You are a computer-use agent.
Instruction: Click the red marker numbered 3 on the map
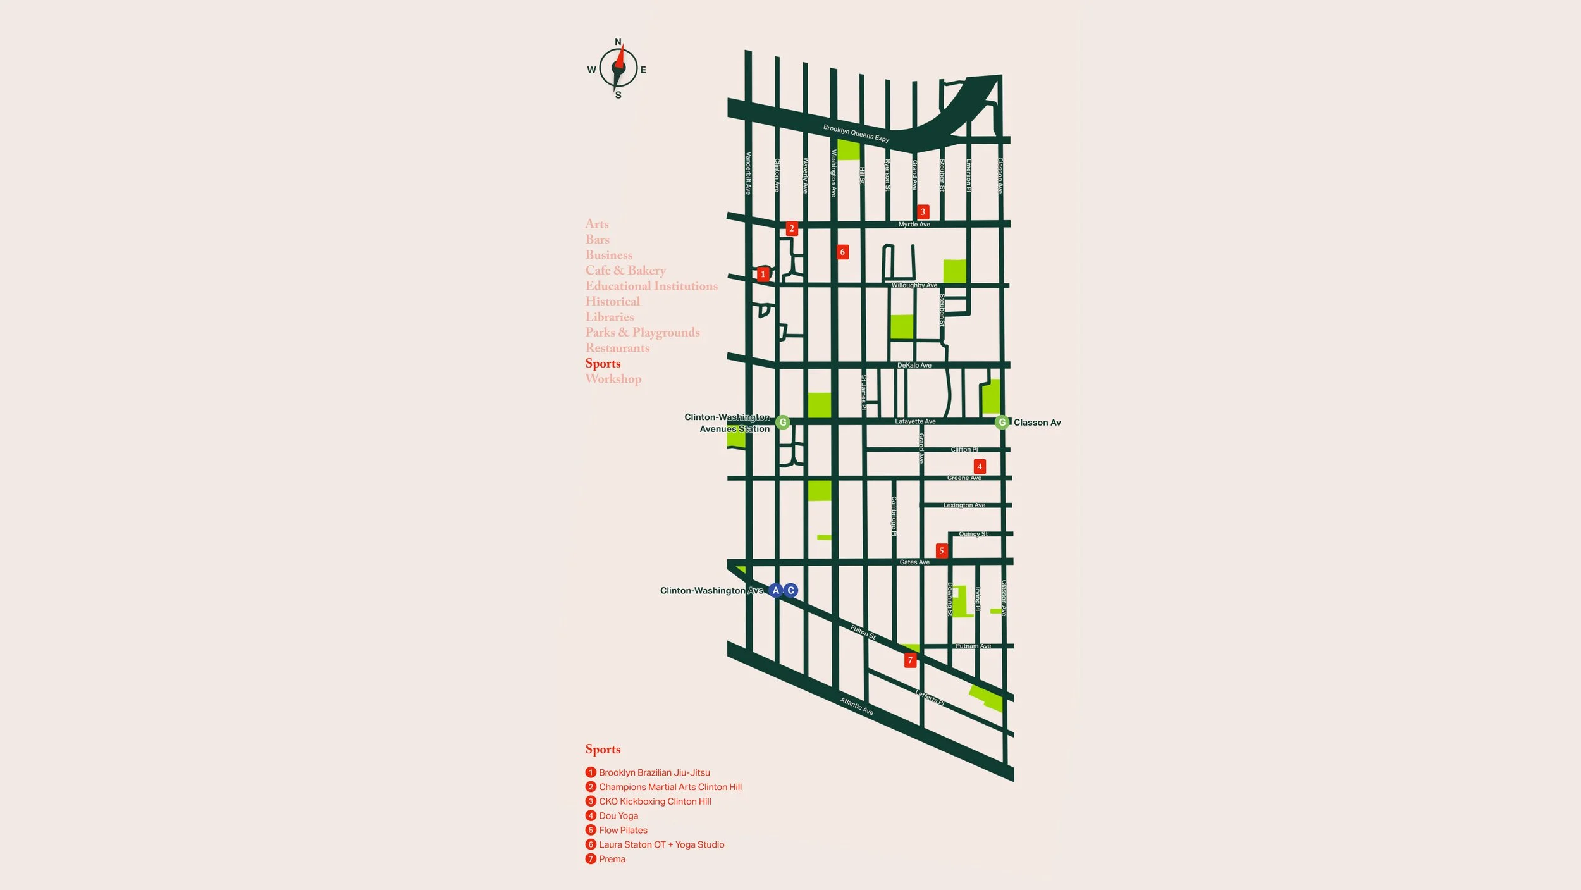(x=923, y=212)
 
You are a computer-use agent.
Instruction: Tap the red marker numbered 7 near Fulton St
(x=910, y=660)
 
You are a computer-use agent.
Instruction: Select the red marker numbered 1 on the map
(x=763, y=274)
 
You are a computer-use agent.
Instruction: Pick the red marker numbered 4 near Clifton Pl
(x=980, y=466)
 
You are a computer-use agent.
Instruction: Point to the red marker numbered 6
(x=842, y=252)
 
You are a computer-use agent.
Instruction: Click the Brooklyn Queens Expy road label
(x=856, y=133)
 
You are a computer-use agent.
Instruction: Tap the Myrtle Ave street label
(x=914, y=225)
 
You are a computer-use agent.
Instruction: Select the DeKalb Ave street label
(x=914, y=365)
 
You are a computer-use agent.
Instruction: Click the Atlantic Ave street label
(x=856, y=706)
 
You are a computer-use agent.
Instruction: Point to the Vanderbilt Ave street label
(x=748, y=173)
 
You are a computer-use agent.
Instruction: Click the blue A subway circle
(x=776, y=590)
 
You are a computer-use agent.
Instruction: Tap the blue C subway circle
(x=790, y=590)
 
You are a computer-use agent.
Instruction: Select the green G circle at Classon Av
(x=1002, y=422)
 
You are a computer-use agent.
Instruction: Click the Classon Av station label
(x=1037, y=423)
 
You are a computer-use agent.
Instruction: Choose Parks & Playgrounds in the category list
(x=643, y=332)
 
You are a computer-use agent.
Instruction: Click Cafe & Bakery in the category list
(x=625, y=270)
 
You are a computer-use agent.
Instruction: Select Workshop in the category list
(x=613, y=379)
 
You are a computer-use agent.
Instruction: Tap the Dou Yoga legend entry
(x=618, y=816)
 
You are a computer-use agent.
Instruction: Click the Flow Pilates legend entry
(x=623, y=830)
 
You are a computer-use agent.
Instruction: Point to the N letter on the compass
(x=618, y=42)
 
